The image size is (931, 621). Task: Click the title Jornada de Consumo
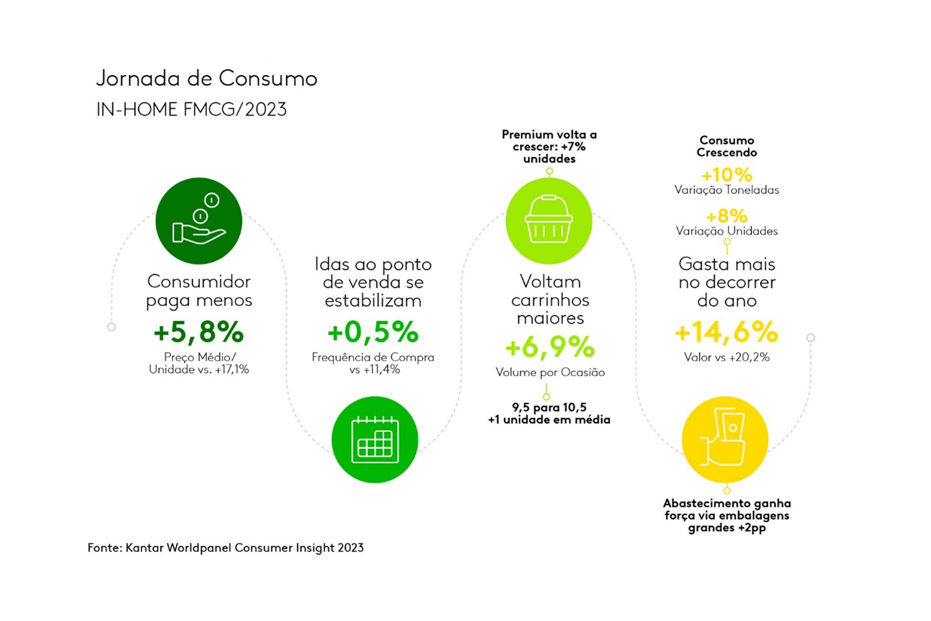click(207, 79)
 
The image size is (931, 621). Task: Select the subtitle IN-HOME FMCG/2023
click(191, 109)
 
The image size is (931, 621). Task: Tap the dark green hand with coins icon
click(199, 220)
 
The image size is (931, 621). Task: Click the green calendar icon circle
click(375, 440)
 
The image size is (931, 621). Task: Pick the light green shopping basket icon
click(549, 220)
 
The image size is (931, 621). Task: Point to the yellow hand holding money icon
click(725, 440)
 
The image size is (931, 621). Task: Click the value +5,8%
click(199, 332)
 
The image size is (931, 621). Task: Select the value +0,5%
click(373, 332)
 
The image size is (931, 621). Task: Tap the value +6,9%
click(550, 347)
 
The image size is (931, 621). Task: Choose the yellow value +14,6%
click(726, 332)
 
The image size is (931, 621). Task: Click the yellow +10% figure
click(726, 175)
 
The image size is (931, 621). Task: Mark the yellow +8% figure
click(726, 216)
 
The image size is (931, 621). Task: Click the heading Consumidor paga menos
click(199, 291)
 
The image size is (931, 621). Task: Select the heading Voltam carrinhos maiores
click(550, 299)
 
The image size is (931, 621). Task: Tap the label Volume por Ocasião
click(550, 373)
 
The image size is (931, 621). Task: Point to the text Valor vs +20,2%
click(726, 357)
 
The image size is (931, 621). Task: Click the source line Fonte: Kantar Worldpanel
click(225, 548)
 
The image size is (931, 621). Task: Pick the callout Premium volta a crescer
click(549, 147)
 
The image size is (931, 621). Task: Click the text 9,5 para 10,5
click(549, 407)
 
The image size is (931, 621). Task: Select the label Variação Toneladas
click(726, 190)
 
